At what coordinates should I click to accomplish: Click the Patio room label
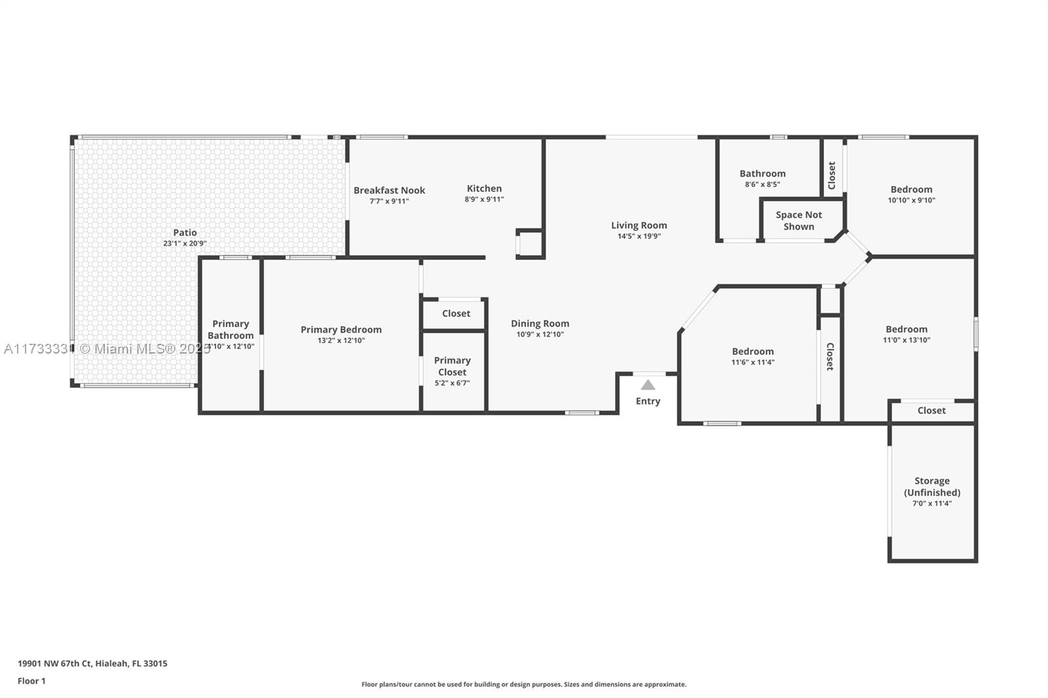click(185, 232)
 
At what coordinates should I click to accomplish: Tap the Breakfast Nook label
click(389, 191)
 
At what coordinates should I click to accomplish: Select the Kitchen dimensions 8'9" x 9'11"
click(484, 199)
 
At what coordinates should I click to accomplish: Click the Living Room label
click(639, 225)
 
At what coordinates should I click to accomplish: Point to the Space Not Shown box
click(798, 221)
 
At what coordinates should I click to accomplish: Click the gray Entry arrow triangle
click(648, 385)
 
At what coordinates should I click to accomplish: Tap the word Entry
click(648, 401)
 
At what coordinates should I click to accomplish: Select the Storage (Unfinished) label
click(932, 487)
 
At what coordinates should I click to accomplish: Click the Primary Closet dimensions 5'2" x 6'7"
click(452, 383)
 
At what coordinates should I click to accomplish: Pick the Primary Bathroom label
click(231, 329)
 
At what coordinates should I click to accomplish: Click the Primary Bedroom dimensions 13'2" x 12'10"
click(341, 340)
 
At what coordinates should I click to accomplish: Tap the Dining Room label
click(540, 323)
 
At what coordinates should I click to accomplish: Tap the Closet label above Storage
click(931, 411)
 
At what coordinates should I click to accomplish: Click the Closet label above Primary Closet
click(456, 314)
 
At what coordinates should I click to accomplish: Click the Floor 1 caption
click(31, 681)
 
